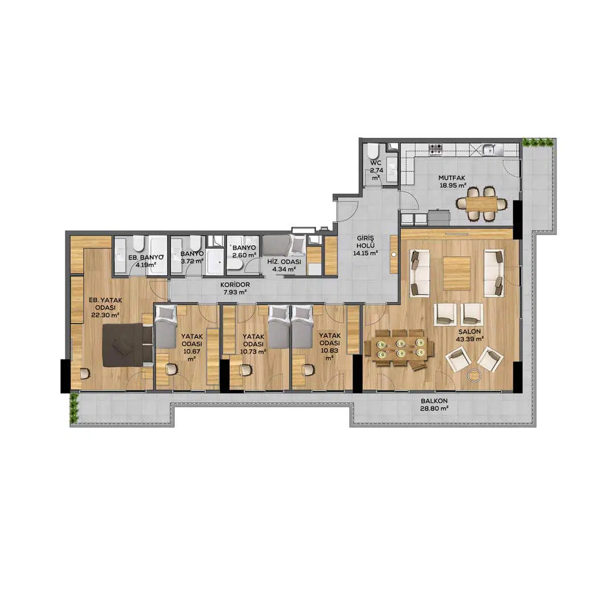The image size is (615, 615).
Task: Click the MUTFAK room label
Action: pos(452,182)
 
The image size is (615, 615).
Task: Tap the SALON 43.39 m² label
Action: pos(469,335)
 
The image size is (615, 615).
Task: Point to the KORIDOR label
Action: pos(235,288)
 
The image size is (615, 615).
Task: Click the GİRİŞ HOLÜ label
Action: pos(365,245)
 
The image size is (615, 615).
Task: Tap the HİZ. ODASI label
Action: pos(284,265)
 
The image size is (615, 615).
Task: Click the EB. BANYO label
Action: pos(146,260)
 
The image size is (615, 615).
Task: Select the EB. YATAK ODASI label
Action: pos(105,307)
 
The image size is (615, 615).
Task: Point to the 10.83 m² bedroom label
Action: pos(330,347)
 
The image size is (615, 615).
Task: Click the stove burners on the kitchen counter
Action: pos(436,149)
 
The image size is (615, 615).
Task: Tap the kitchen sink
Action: pos(491,149)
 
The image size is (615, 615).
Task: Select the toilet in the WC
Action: pos(372,151)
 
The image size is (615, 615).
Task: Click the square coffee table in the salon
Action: pos(457,273)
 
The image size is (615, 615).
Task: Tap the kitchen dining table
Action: pos(481,204)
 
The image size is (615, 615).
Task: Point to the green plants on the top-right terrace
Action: pos(539,142)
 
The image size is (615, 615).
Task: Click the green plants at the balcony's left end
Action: pos(73,408)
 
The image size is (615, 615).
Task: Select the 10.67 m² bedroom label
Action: pos(192,347)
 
